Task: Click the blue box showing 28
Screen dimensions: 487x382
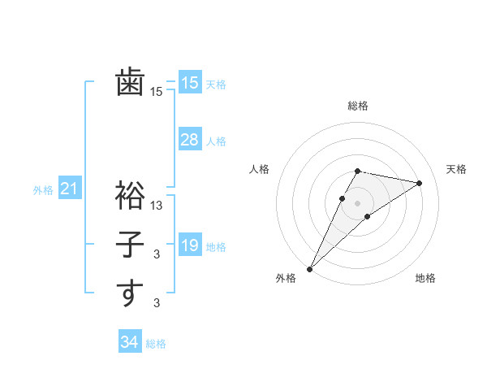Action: point(190,140)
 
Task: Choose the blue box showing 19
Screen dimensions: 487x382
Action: point(190,245)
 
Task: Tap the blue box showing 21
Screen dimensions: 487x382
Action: point(69,189)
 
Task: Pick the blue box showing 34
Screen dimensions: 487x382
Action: point(129,342)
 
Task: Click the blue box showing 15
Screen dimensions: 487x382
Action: point(190,83)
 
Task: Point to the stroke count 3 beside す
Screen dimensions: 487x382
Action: point(157,303)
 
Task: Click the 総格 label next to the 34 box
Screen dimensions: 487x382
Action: point(156,344)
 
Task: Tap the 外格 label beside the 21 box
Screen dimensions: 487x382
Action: point(43,190)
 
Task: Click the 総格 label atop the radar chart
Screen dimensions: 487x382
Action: point(357,106)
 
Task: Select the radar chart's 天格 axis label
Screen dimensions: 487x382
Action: point(456,169)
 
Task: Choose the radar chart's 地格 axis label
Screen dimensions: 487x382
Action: point(425,278)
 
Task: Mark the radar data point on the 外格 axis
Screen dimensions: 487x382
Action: point(309,268)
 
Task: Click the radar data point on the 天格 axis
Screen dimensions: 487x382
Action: point(420,183)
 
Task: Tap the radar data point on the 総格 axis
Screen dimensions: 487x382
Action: point(357,171)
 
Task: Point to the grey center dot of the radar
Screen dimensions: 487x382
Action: point(357,203)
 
